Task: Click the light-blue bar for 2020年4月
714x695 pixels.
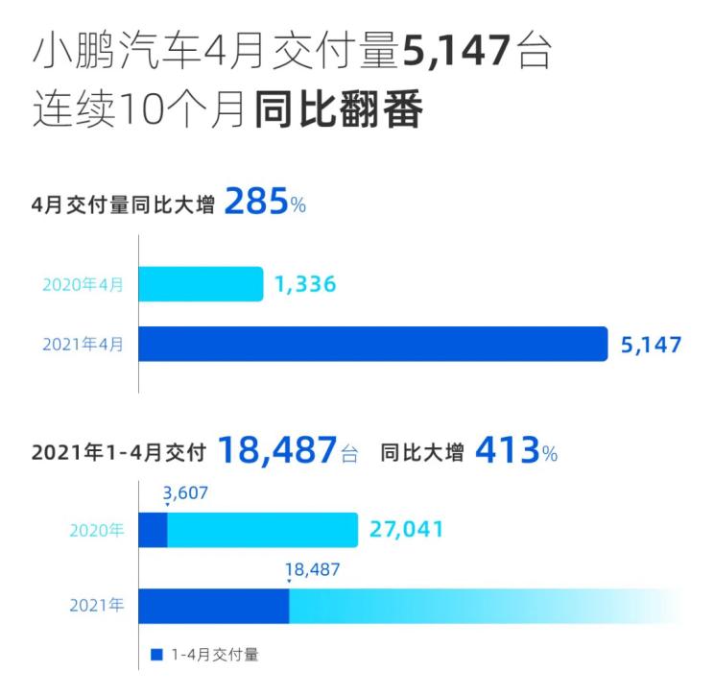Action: (201, 284)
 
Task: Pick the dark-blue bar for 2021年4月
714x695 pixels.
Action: (373, 344)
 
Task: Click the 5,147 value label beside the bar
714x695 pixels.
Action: (651, 345)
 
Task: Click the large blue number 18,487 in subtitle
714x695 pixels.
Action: (278, 450)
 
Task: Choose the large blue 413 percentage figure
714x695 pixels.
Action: (507, 450)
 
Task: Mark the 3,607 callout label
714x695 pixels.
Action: (185, 493)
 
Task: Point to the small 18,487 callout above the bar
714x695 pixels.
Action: (312, 569)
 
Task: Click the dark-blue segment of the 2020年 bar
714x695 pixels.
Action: (153, 529)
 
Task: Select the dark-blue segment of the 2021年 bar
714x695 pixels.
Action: (213, 606)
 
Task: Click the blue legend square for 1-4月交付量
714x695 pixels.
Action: (156, 656)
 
